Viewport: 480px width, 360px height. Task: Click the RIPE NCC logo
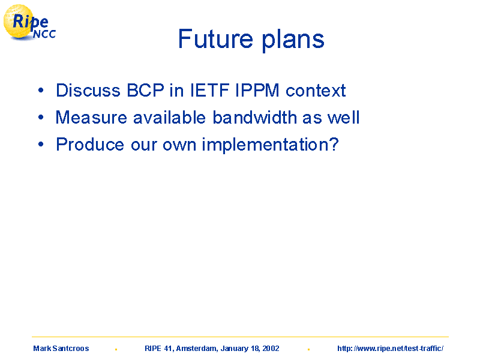29,23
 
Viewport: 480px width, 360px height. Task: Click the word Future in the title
215,39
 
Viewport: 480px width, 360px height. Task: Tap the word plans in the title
293,41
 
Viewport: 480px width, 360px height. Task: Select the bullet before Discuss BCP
41,90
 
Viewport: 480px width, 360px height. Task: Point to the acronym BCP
145,91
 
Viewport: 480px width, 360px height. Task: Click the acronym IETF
209,91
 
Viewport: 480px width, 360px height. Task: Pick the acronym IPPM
257,91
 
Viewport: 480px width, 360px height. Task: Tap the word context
316,91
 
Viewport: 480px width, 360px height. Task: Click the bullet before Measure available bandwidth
41,117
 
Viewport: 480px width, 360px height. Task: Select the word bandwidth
254,117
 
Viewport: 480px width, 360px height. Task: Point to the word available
169,117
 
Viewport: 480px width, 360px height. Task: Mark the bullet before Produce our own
41,144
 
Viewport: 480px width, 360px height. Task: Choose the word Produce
90,144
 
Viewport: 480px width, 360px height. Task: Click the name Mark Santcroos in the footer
61,349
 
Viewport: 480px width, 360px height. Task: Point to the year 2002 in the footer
271,349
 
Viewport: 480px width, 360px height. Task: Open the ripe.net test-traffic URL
391,349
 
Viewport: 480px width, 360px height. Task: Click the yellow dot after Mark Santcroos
116,349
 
